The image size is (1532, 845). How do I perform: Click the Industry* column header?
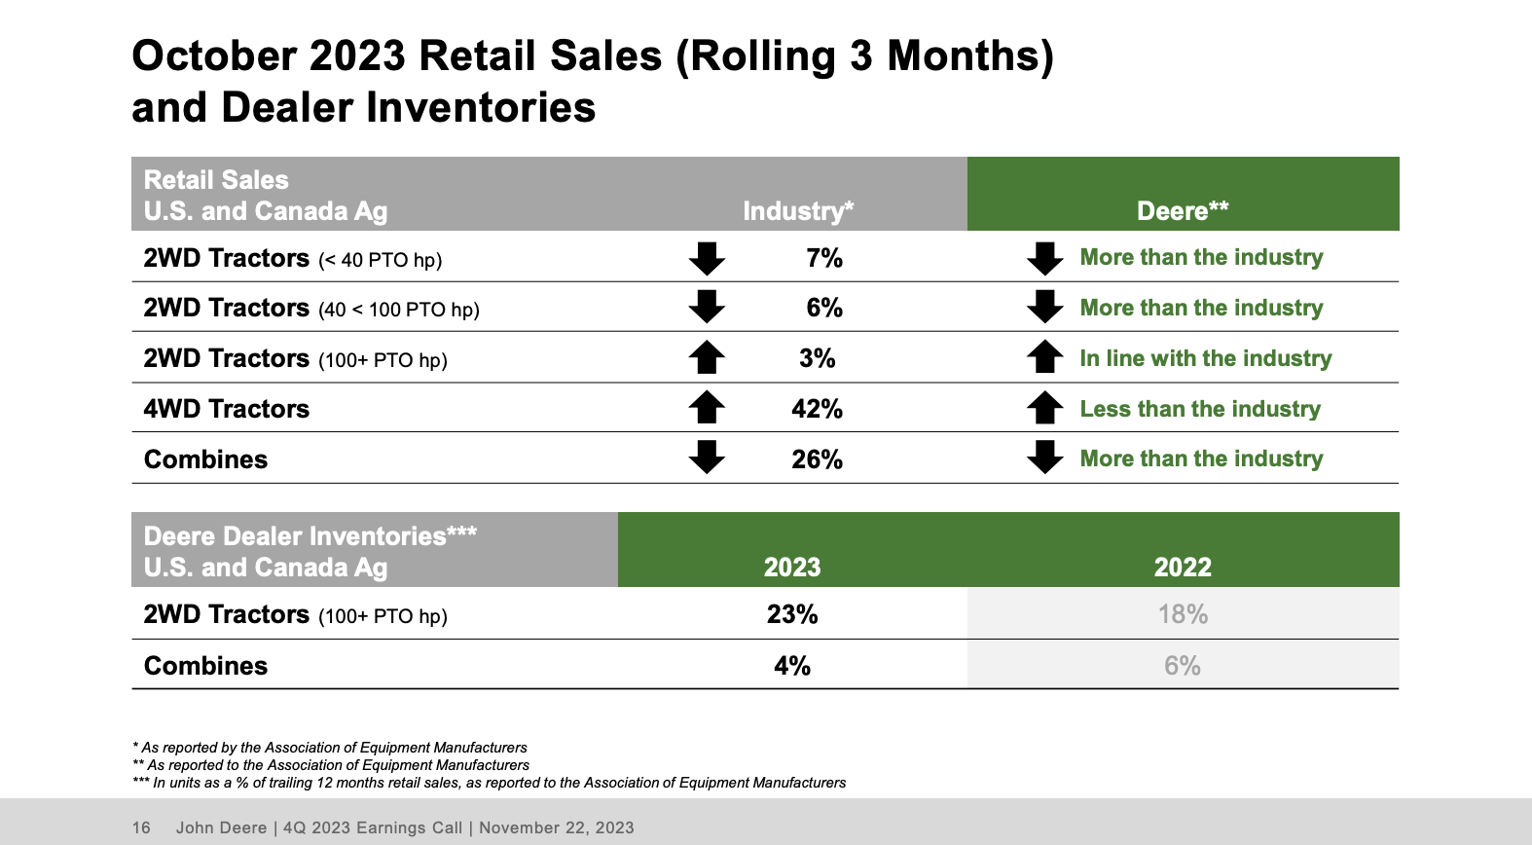(x=798, y=211)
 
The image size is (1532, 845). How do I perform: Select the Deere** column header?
(x=1183, y=211)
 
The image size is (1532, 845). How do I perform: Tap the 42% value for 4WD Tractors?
(x=817, y=409)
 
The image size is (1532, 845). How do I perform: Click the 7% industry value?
(x=823, y=258)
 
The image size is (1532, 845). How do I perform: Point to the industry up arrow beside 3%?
(x=707, y=357)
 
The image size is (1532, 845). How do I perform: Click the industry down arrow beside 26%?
(x=707, y=458)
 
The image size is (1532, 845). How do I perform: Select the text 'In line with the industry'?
(x=1205, y=358)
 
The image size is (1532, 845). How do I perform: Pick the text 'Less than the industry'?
(x=1200, y=409)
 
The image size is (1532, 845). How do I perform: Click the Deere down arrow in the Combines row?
(x=1044, y=458)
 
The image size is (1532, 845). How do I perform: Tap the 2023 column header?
(x=792, y=568)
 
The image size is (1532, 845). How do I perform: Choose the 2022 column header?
(x=1183, y=568)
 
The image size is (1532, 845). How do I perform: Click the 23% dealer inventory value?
(x=792, y=614)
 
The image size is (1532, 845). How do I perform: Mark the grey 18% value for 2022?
(x=1183, y=614)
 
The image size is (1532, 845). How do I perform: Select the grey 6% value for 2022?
(x=1183, y=666)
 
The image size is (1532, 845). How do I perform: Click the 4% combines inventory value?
(x=792, y=666)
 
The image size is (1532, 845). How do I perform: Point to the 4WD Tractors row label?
(x=227, y=409)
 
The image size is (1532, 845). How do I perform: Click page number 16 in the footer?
(x=141, y=827)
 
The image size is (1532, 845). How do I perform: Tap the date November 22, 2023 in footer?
(x=556, y=827)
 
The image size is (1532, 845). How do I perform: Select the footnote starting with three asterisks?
(x=489, y=783)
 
